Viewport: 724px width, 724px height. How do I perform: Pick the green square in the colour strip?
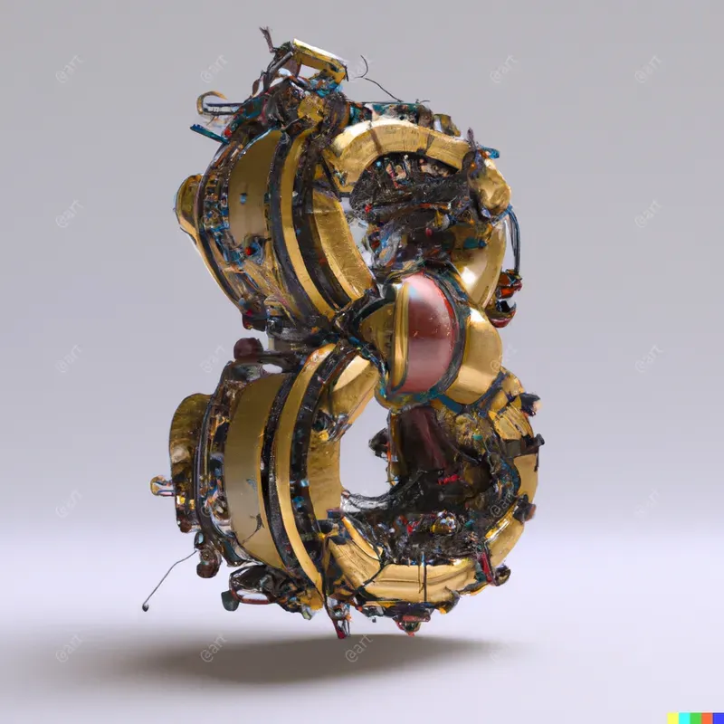point(697,718)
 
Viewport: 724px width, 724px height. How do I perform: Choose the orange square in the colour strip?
point(708,718)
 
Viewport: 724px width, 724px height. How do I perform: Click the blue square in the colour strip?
point(719,718)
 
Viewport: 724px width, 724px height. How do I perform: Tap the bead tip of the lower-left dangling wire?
point(146,606)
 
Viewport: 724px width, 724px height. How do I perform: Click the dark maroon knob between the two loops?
point(247,348)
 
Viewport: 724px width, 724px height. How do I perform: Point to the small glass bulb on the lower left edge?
point(161,486)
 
